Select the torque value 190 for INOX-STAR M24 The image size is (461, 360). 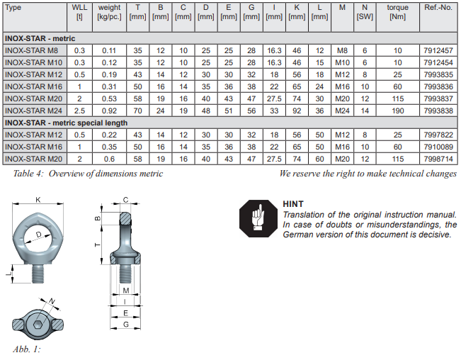(x=397, y=111)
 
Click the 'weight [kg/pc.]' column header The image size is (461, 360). (x=108, y=13)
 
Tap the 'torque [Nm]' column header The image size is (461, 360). (x=397, y=13)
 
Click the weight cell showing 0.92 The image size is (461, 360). (x=108, y=111)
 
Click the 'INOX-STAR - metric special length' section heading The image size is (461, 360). (x=66, y=123)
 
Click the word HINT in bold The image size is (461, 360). (x=292, y=204)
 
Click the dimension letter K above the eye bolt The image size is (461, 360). (x=38, y=200)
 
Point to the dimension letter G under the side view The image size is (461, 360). (x=125, y=323)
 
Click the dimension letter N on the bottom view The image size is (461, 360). (x=52, y=303)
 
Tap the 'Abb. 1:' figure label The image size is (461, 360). (x=27, y=349)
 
